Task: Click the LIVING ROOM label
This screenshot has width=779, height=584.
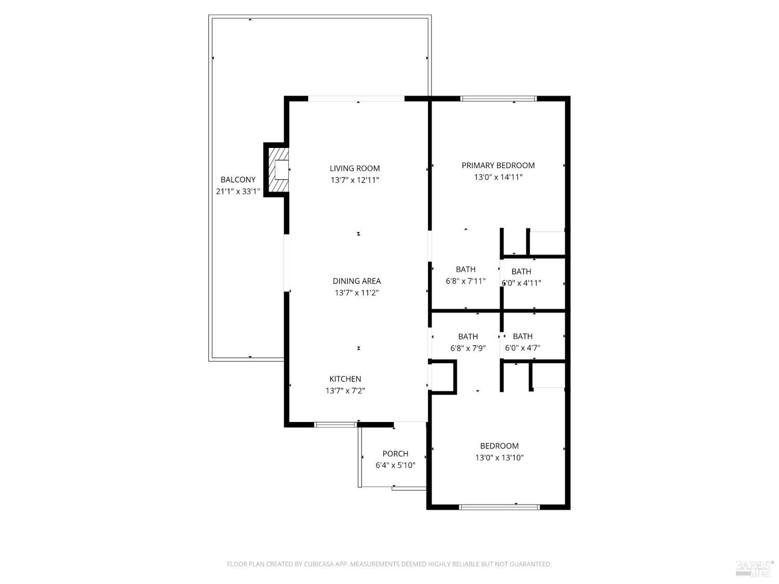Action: pyautogui.click(x=355, y=168)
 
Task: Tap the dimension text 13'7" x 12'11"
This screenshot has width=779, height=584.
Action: pyautogui.click(x=355, y=180)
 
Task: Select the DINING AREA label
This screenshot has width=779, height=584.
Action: pyautogui.click(x=356, y=281)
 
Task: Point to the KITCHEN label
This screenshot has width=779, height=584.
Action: pyautogui.click(x=345, y=379)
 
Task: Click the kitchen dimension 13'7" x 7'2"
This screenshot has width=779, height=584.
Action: pyautogui.click(x=345, y=391)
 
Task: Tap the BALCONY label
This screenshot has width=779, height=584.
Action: pyautogui.click(x=238, y=180)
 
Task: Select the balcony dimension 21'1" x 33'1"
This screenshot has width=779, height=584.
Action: pyautogui.click(x=238, y=191)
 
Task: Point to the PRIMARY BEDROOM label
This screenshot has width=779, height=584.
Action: pyautogui.click(x=498, y=165)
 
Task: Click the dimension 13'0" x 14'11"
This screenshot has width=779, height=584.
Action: pyautogui.click(x=498, y=177)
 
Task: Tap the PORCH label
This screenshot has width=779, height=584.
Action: pyautogui.click(x=395, y=454)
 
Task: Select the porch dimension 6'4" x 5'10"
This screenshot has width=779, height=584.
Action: pyautogui.click(x=395, y=465)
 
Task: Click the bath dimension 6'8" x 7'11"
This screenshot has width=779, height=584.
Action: pyautogui.click(x=465, y=281)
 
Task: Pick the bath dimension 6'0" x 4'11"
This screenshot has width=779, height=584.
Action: pyautogui.click(x=521, y=283)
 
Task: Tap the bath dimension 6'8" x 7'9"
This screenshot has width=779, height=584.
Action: pyautogui.click(x=467, y=348)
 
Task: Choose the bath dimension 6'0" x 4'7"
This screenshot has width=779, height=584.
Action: pyautogui.click(x=522, y=348)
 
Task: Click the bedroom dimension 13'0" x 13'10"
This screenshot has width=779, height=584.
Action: pyautogui.click(x=499, y=457)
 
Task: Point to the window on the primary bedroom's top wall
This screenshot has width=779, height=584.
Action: pyautogui.click(x=499, y=98)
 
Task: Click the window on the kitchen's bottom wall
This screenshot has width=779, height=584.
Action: pyautogui.click(x=335, y=425)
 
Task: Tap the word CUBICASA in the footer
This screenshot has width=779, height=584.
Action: pyautogui.click(x=320, y=564)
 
